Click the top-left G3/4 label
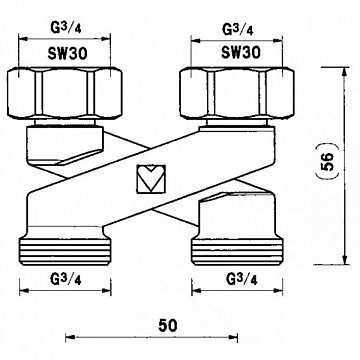click(66, 29)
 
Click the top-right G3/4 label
click(238, 29)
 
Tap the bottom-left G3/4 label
click(66, 279)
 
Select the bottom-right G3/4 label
click(242, 279)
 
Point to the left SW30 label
click(68, 53)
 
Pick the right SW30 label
click(240, 52)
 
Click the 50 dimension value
click(168, 326)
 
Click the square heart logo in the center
click(151, 179)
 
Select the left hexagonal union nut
click(65, 93)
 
